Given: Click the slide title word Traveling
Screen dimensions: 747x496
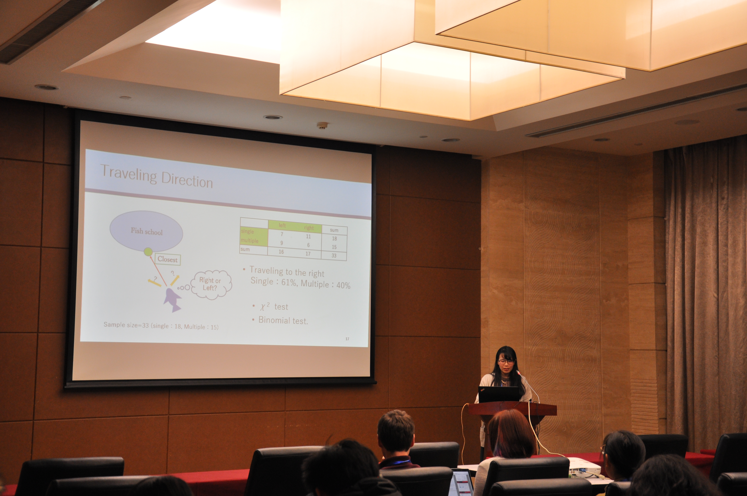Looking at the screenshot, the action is (128, 175).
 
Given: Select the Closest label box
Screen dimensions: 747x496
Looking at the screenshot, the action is (167, 259).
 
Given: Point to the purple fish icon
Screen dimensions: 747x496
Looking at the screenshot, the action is (172, 300).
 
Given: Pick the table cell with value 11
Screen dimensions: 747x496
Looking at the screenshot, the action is (308, 236).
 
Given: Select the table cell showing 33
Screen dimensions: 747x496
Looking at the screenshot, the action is (334, 255).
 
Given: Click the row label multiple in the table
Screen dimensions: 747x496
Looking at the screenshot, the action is (250, 240).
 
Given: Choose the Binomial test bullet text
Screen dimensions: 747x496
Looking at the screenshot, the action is (283, 320).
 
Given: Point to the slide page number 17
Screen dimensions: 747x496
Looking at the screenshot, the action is (347, 339).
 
